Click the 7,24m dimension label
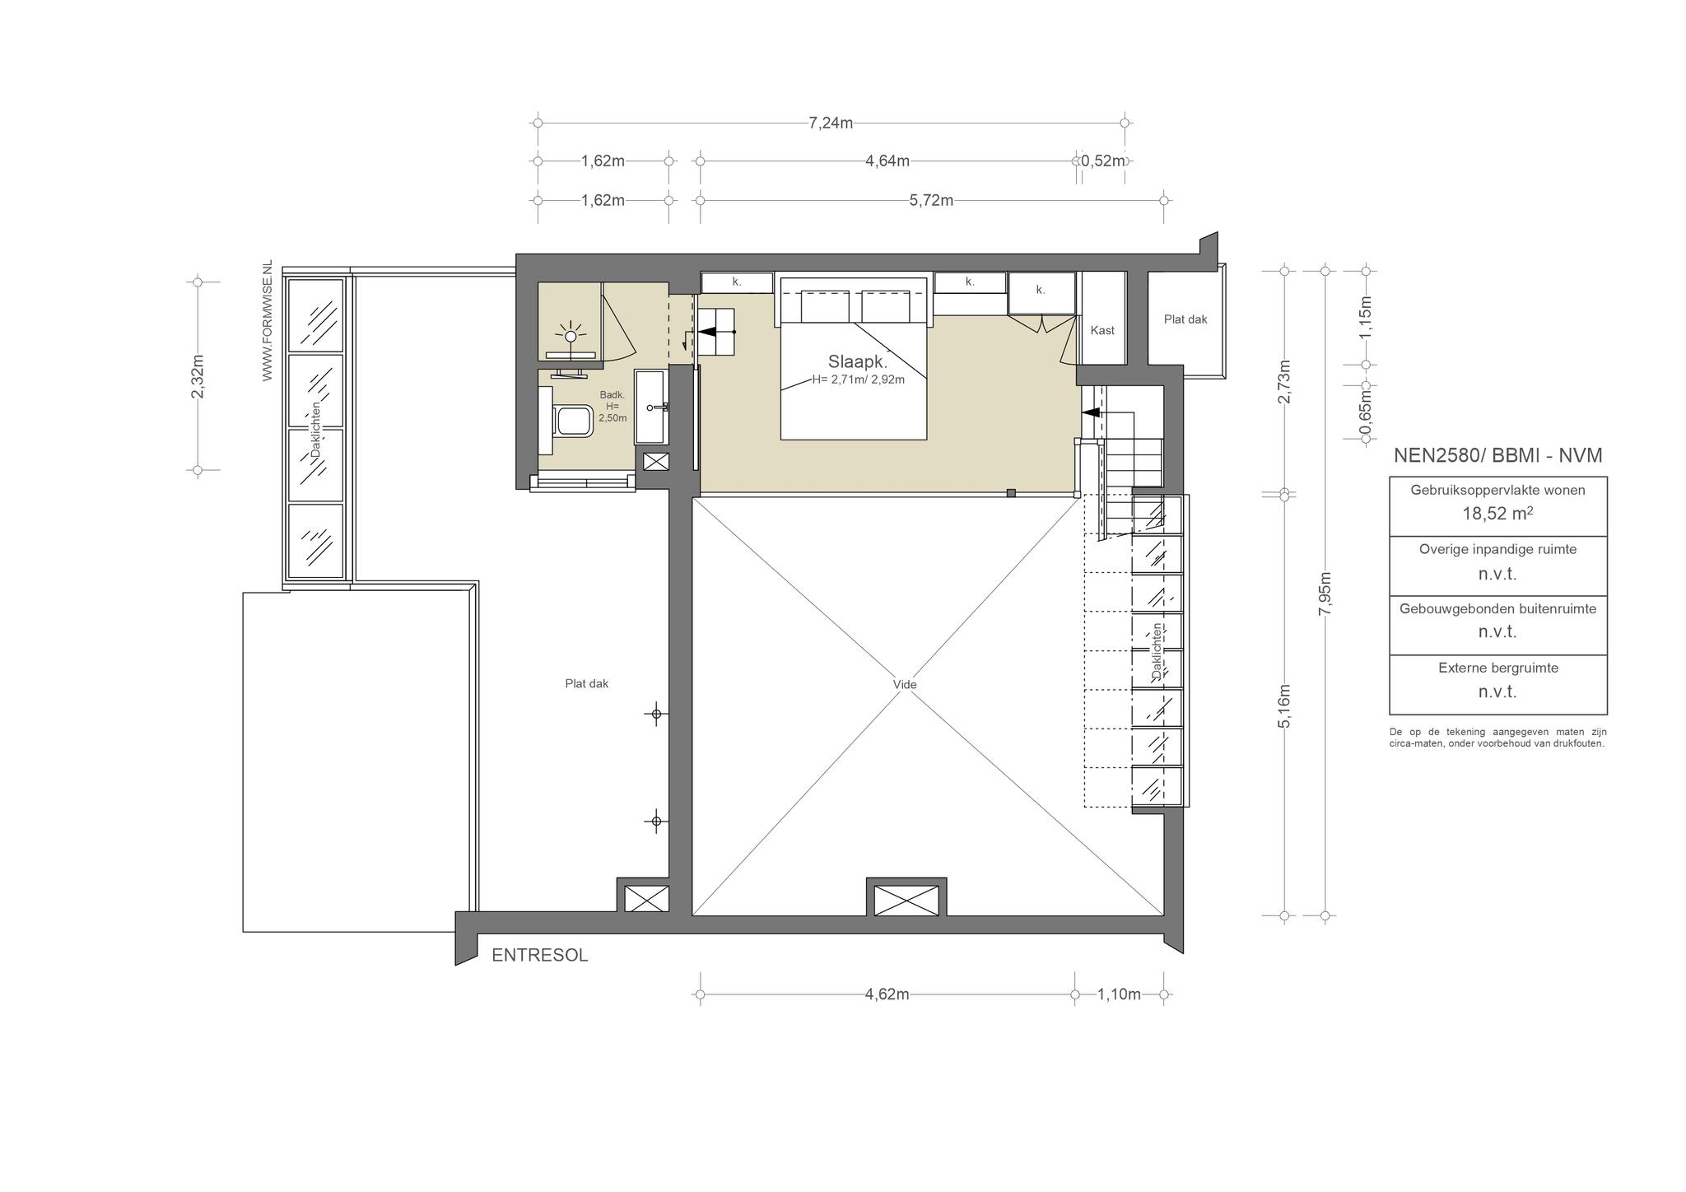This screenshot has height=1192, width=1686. (831, 123)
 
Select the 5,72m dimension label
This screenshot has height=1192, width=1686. (931, 200)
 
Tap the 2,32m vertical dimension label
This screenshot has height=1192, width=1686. (198, 376)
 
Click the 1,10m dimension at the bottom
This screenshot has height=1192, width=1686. (1119, 994)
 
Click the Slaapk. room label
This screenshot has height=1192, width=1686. (857, 361)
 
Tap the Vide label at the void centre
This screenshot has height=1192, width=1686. (904, 684)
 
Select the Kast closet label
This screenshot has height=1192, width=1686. (1102, 330)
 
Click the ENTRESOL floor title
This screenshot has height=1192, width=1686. (540, 956)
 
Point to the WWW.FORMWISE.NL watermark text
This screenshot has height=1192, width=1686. (267, 321)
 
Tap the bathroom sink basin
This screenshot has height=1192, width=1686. (655, 407)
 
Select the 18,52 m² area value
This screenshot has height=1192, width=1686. (1497, 514)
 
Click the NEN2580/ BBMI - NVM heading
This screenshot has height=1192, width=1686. (1497, 455)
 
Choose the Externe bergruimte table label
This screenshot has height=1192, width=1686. (1498, 668)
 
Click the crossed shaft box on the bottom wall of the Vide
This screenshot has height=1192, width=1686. (906, 900)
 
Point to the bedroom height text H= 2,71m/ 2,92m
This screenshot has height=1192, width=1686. (858, 379)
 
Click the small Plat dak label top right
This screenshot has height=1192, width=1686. (1185, 319)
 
